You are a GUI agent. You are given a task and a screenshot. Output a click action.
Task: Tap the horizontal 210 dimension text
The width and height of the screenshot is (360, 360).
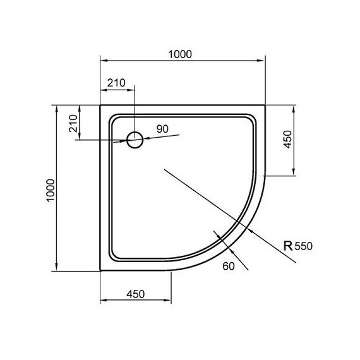(x=117, y=83)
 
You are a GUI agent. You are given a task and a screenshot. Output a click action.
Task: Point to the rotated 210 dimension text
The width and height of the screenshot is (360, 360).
(x=73, y=123)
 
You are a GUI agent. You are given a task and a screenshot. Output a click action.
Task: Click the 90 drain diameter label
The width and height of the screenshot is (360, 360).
(x=162, y=129)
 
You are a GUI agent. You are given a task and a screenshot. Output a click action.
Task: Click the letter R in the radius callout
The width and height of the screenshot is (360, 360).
(x=287, y=246)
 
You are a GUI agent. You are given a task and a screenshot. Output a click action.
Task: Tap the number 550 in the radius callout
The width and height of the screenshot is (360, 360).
(x=304, y=247)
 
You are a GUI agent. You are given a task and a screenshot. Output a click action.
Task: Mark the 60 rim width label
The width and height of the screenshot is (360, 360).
(x=229, y=266)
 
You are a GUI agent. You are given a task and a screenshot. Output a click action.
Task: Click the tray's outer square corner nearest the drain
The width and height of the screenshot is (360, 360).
(x=101, y=105)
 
